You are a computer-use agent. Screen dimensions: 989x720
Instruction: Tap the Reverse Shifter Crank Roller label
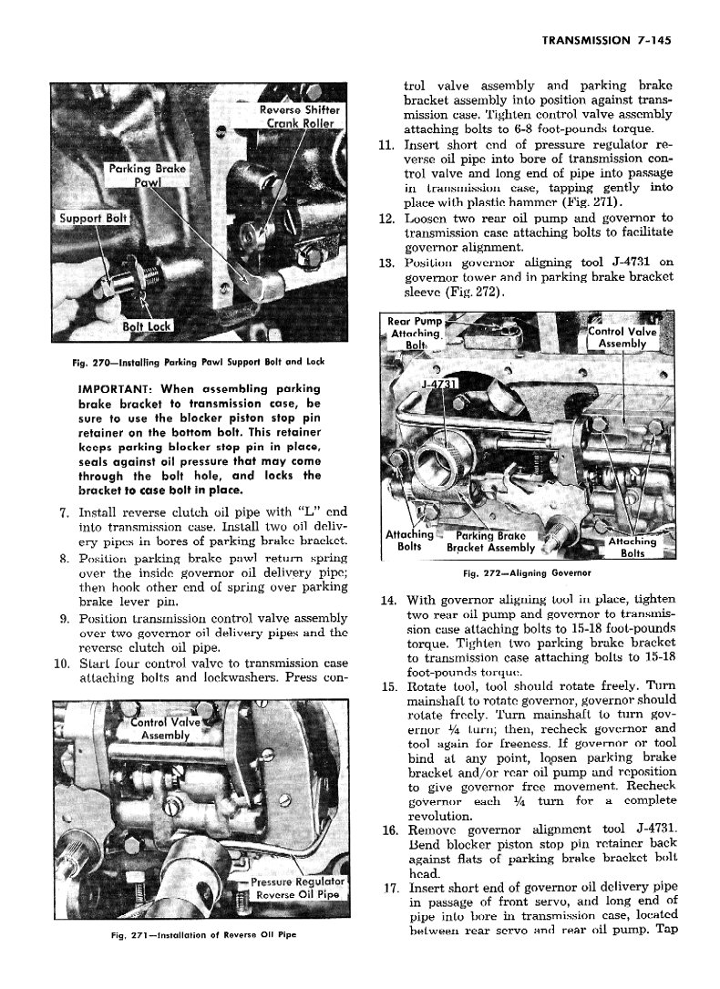click(x=299, y=116)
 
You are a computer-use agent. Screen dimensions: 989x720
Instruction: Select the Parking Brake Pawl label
click(x=147, y=175)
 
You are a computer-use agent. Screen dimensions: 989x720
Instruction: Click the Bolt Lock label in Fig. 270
click(x=146, y=326)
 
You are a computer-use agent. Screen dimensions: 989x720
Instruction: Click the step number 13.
click(x=385, y=263)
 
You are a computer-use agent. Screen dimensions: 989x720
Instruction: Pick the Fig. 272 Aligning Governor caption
click(x=528, y=573)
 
